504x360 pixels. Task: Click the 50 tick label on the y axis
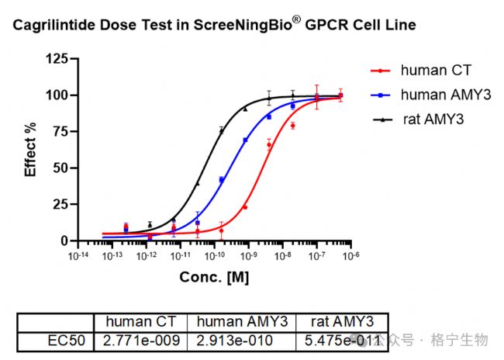pos(60,168)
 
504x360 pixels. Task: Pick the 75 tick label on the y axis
pos(60,132)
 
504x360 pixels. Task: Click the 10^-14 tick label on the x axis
pos(78,255)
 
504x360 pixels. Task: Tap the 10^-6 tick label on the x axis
pos(350,255)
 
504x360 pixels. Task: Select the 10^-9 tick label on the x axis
pos(248,255)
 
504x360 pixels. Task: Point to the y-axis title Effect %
pos(31,149)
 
